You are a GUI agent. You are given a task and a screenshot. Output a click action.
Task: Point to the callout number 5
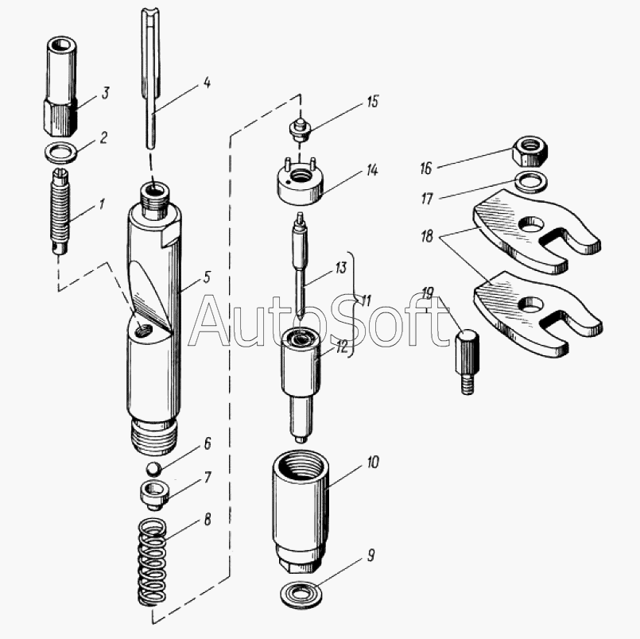point(206,278)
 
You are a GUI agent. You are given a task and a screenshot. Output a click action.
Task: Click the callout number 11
point(366,301)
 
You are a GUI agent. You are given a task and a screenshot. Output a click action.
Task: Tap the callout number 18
point(429,236)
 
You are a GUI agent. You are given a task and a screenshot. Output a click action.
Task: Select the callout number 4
point(206,82)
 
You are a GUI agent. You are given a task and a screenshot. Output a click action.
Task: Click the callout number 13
point(340,269)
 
